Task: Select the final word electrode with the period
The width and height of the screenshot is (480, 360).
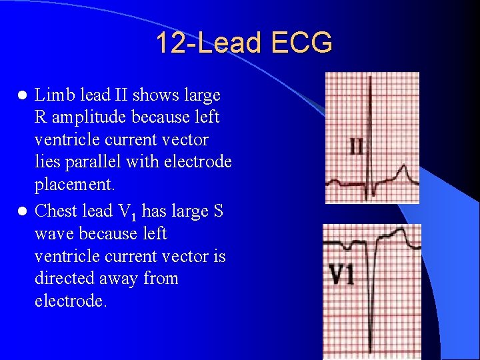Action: pyautogui.click(x=70, y=301)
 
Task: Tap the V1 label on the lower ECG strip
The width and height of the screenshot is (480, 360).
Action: pyautogui.click(x=341, y=275)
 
